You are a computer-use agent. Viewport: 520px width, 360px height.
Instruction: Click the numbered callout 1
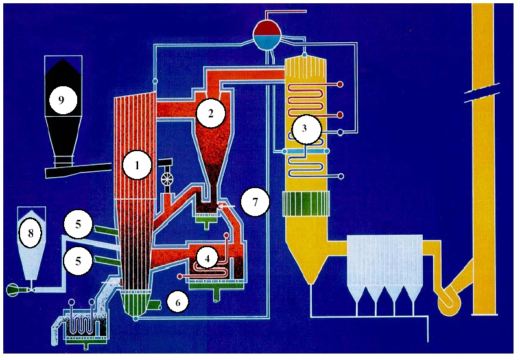pyautogui.click(x=137, y=166)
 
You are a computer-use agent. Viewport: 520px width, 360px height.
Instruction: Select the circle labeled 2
pyautogui.click(x=210, y=114)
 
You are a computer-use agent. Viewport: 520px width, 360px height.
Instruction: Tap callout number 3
pyautogui.click(x=305, y=130)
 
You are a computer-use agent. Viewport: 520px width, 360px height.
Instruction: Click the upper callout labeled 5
pyautogui.click(x=77, y=225)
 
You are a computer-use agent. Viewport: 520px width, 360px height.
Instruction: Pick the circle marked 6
pyautogui.click(x=178, y=301)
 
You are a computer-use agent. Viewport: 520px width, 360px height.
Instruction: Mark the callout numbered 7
pyautogui.click(x=255, y=202)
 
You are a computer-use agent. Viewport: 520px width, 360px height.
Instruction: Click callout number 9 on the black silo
pyautogui.click(x=62, y=100)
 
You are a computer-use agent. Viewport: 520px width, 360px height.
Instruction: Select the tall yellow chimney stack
pyautogui.click(x=482, y=195)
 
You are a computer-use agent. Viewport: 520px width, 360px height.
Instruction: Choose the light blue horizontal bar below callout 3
pyautogui.click(x=306, y=150)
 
